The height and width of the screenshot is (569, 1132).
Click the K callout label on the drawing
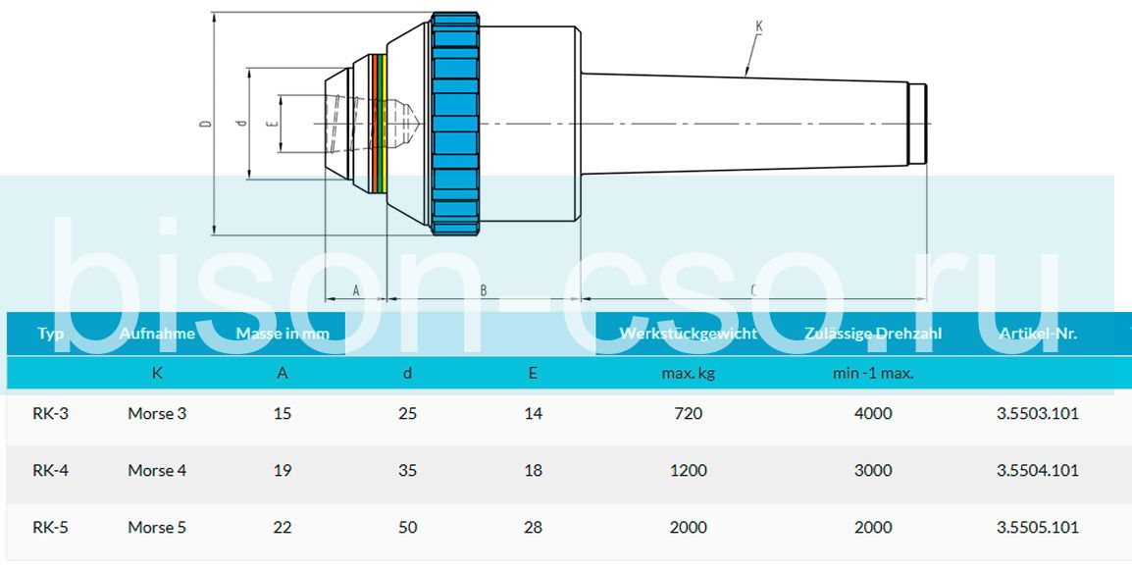point(758,25)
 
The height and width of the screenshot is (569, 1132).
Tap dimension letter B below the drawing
point(484,290)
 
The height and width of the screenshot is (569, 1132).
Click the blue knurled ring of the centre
point(454,124)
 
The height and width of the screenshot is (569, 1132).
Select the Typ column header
point(51,334)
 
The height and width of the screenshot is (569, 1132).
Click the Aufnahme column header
point(157,334)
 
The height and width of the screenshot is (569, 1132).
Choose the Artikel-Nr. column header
point(1038,334)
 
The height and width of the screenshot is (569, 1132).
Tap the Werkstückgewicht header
point(689,334)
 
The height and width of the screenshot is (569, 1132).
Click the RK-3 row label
point(51,414)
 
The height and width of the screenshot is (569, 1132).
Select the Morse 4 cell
point(157,471)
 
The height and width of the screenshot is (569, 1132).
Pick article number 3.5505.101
point(1038,528)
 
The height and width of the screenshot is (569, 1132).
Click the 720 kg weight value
point(689,414)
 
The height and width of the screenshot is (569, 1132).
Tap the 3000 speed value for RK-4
point(873,471)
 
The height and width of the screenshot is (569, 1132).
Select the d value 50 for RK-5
point(408,528)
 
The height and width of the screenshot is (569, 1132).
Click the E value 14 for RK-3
point(534,414)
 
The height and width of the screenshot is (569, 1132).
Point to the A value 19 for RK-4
point(283,471)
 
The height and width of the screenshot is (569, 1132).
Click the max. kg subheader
point(689,374)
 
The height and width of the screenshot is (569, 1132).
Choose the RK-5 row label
point(51,528)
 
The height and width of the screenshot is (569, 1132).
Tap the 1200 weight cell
point(689,471)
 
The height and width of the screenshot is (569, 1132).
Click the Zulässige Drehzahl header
point(873,334)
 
